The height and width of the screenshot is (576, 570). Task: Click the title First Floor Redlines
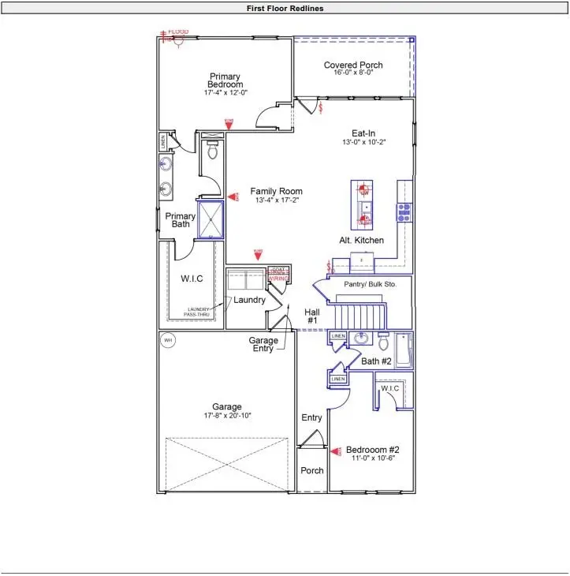point(285,9)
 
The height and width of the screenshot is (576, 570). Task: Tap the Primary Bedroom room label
point(225,80)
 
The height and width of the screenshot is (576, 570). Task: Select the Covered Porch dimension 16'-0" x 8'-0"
point(353,74)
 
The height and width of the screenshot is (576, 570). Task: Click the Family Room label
point(276,192)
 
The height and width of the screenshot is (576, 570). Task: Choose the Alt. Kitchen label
point(362,240)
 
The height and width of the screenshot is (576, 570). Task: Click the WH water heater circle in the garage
point(167,341)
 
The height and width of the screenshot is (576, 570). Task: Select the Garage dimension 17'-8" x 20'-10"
point(226,415)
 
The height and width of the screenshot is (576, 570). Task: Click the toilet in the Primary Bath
point(211,151)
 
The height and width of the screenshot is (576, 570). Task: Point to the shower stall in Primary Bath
point(210,219)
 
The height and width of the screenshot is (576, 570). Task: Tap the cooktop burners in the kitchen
point(404,211)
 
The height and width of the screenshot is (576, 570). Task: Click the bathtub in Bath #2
point(404,350)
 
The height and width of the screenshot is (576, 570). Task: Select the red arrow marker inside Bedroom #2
point(335,451)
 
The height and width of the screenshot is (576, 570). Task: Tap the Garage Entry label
point(263,345)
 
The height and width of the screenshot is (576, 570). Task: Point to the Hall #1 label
point(311,316)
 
